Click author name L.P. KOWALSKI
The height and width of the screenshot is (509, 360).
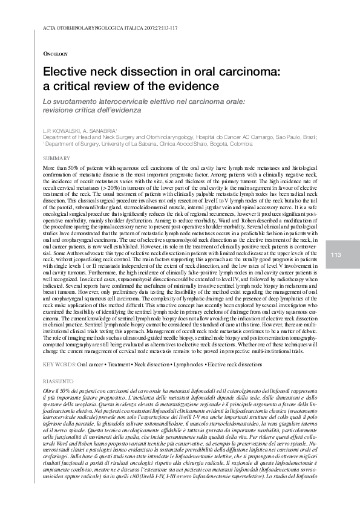[61, 131]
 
